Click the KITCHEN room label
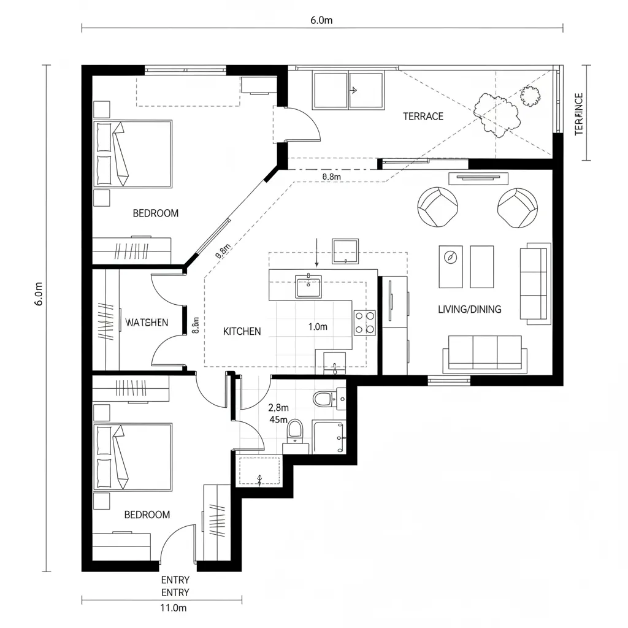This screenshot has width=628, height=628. tap(242, 331)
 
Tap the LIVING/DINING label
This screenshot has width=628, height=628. tap(469, 309)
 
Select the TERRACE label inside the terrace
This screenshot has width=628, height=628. tap(423, 117)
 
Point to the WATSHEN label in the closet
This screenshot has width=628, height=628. tap(147, 323)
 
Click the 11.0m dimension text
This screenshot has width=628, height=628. tap(173, 608)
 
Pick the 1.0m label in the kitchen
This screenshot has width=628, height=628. tap(317, 327)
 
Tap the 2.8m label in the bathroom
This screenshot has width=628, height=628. tap(278, 407)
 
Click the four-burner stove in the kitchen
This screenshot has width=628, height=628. tap(365, 323)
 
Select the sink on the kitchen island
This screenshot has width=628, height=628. tap(308, 286)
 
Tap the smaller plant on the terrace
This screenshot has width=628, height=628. tap(531, 96)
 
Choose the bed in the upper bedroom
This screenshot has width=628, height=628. tap(132, 154)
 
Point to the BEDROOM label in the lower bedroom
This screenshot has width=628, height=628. tap(147, 515)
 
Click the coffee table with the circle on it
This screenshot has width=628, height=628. tap(451, 267)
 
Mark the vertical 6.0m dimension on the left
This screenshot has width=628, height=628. tap(39, 295)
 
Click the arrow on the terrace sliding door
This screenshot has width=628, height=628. tap(353, 90)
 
